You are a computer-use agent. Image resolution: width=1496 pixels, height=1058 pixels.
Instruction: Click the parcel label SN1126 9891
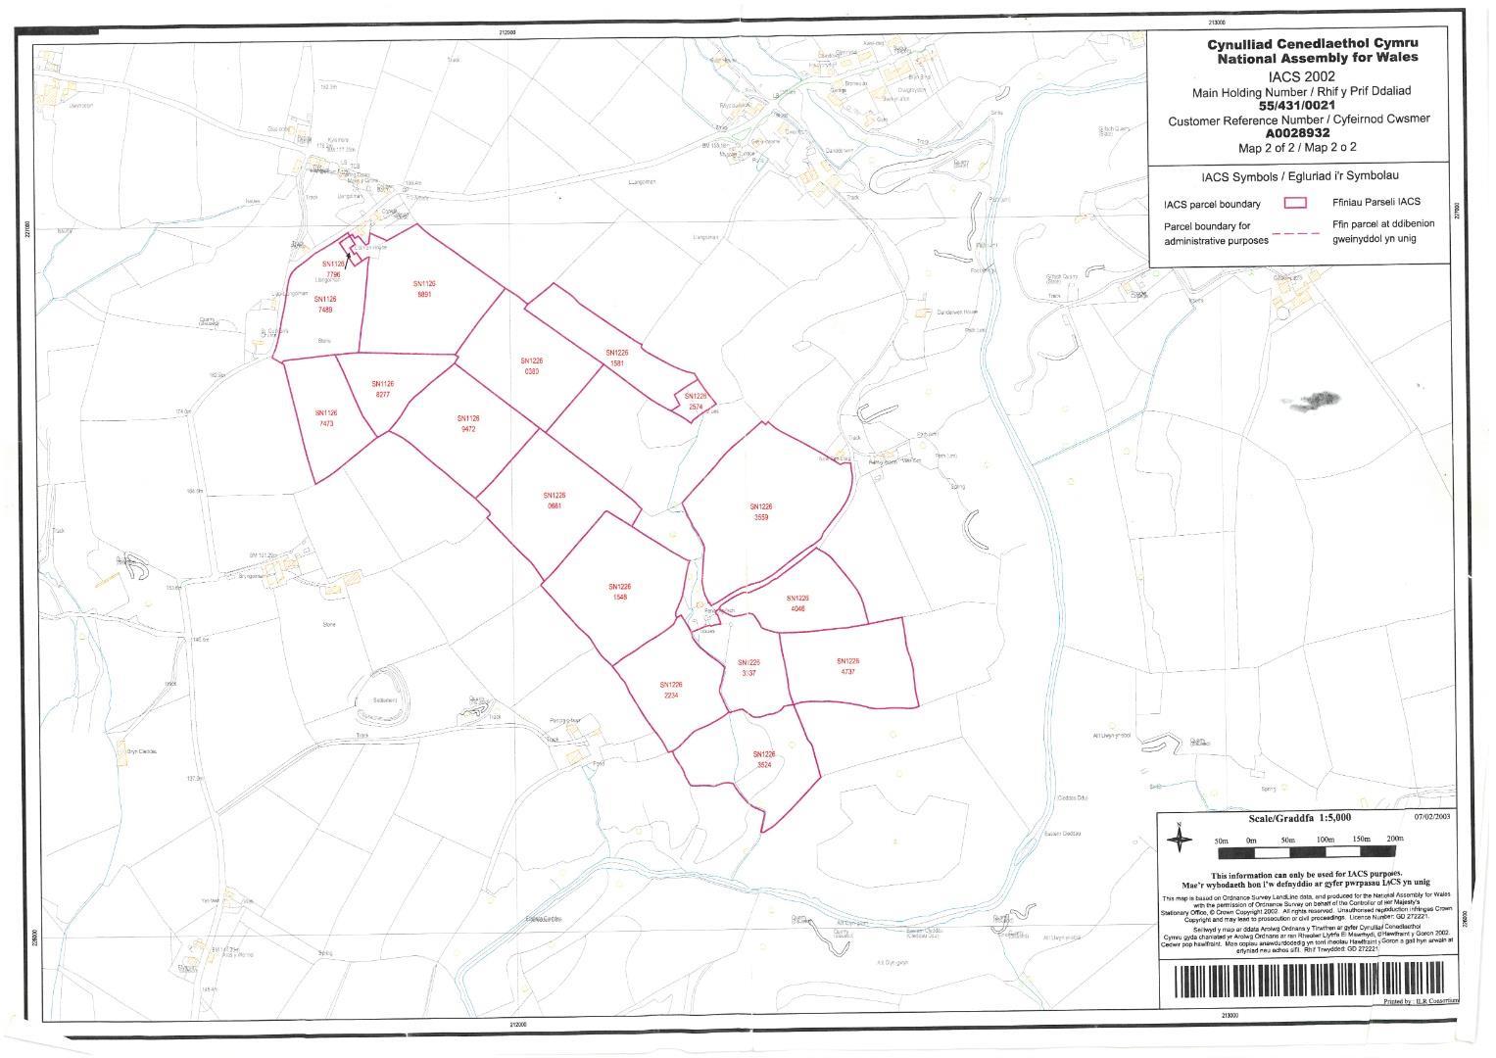click(x=425, y=288)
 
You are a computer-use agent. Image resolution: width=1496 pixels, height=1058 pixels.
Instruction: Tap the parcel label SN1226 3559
click(x=762, y=511)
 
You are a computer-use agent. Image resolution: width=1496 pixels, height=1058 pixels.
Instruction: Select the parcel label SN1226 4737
click(x=847, y=666)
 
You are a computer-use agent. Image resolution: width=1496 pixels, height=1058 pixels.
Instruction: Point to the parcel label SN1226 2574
click(x=696, y=401)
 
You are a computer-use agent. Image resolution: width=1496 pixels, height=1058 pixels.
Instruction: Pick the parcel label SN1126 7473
click(x=326, y=418)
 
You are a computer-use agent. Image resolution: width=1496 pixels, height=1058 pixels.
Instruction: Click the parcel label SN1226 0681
click(x=555, y=501)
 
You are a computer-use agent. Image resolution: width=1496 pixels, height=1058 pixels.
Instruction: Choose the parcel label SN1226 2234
click(x=671, y=690)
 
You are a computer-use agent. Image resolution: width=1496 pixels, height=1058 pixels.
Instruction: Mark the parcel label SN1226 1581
click(x=616, y=358)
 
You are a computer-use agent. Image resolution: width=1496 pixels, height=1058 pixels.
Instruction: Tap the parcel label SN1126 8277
click(x=382, y=389)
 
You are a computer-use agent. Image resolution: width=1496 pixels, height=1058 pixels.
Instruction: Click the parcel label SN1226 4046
click(x=797, y=602)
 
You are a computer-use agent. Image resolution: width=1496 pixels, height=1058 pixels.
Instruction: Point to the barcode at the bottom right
click(x=1308, y=981)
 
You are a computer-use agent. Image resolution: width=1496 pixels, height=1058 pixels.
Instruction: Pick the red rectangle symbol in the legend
click(x=1295, y=203)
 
